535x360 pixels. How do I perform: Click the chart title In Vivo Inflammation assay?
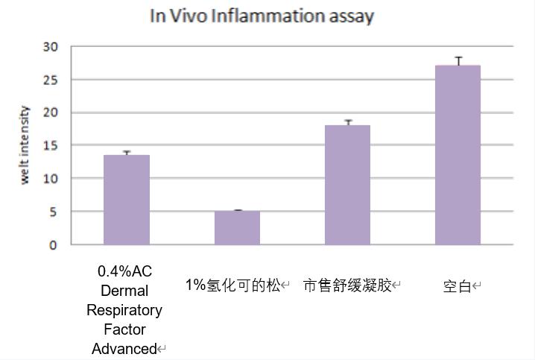pyautogui.click(x=262, y=16)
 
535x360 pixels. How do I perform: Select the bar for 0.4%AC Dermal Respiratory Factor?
pyautogui.click(x=127, y=200)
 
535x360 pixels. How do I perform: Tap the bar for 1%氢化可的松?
pyautogui.click(x=237, y=227)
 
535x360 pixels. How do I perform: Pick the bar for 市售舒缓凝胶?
pyautogui.click(x=347, y=185)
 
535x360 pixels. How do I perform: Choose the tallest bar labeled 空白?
pyautogui.click(x=458, y=155)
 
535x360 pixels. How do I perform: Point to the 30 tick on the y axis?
pyautogui.click(x=50, y=47)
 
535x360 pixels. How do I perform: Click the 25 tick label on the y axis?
pyautogui.click(x=50, y=80)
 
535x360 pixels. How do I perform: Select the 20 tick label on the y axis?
pyautogui.click(x=50, y=113)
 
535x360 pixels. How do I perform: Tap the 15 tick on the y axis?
pyautogui.click(x=50, y=145)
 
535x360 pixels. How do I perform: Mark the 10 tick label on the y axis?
pyautogui.click(x=50, y=179)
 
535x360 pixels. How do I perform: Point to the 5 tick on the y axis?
pyautogui.click(x=53, y=212)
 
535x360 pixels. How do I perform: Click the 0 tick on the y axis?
pyautogui.click(x=53, y=244)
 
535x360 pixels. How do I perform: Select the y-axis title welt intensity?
pyautogui.click(x=25, y=145)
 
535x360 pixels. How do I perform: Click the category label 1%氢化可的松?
pyautogui.click(x=233, y=285)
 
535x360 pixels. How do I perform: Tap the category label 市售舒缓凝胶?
pyautogui.click(x=348, y=285)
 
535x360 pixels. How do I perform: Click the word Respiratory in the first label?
pyautogui.click(x=124, y=310)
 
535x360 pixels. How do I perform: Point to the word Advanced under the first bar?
pyautogui.click(x=124, y=349)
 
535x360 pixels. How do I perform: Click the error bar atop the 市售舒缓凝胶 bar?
pyautogui.click(x=347, y=122)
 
